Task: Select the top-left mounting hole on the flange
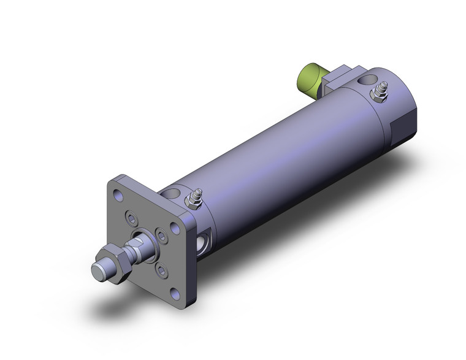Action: pyautogui.click(x=116, y=193)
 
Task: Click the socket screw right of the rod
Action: pyautogui.click(x=161, y=234)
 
